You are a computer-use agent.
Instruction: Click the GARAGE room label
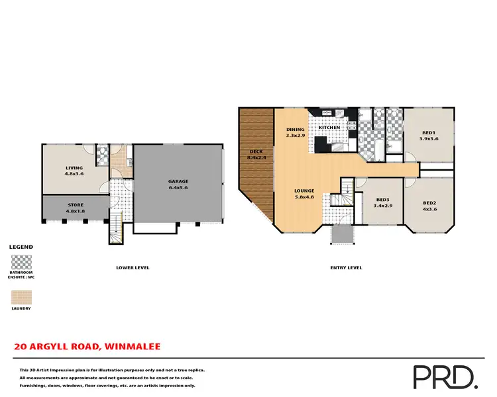pos(178,185)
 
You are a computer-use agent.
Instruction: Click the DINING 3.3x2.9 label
pos(295,132)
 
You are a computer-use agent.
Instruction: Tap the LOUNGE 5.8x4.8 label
pos(304,194)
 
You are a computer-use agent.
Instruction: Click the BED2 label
pos(429,206)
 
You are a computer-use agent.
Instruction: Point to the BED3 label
pos(382,203)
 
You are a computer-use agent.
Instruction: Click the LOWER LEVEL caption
pos(133,267)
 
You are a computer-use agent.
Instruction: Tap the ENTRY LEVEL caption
pos(347,267)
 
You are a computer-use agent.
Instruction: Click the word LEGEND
pos(22,247)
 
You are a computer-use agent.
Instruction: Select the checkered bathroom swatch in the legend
pos(21,261)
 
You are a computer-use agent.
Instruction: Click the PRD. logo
pos(445,376)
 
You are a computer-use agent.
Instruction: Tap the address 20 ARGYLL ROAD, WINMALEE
pos(87,346)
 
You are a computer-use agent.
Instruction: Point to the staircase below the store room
pos(116,230)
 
